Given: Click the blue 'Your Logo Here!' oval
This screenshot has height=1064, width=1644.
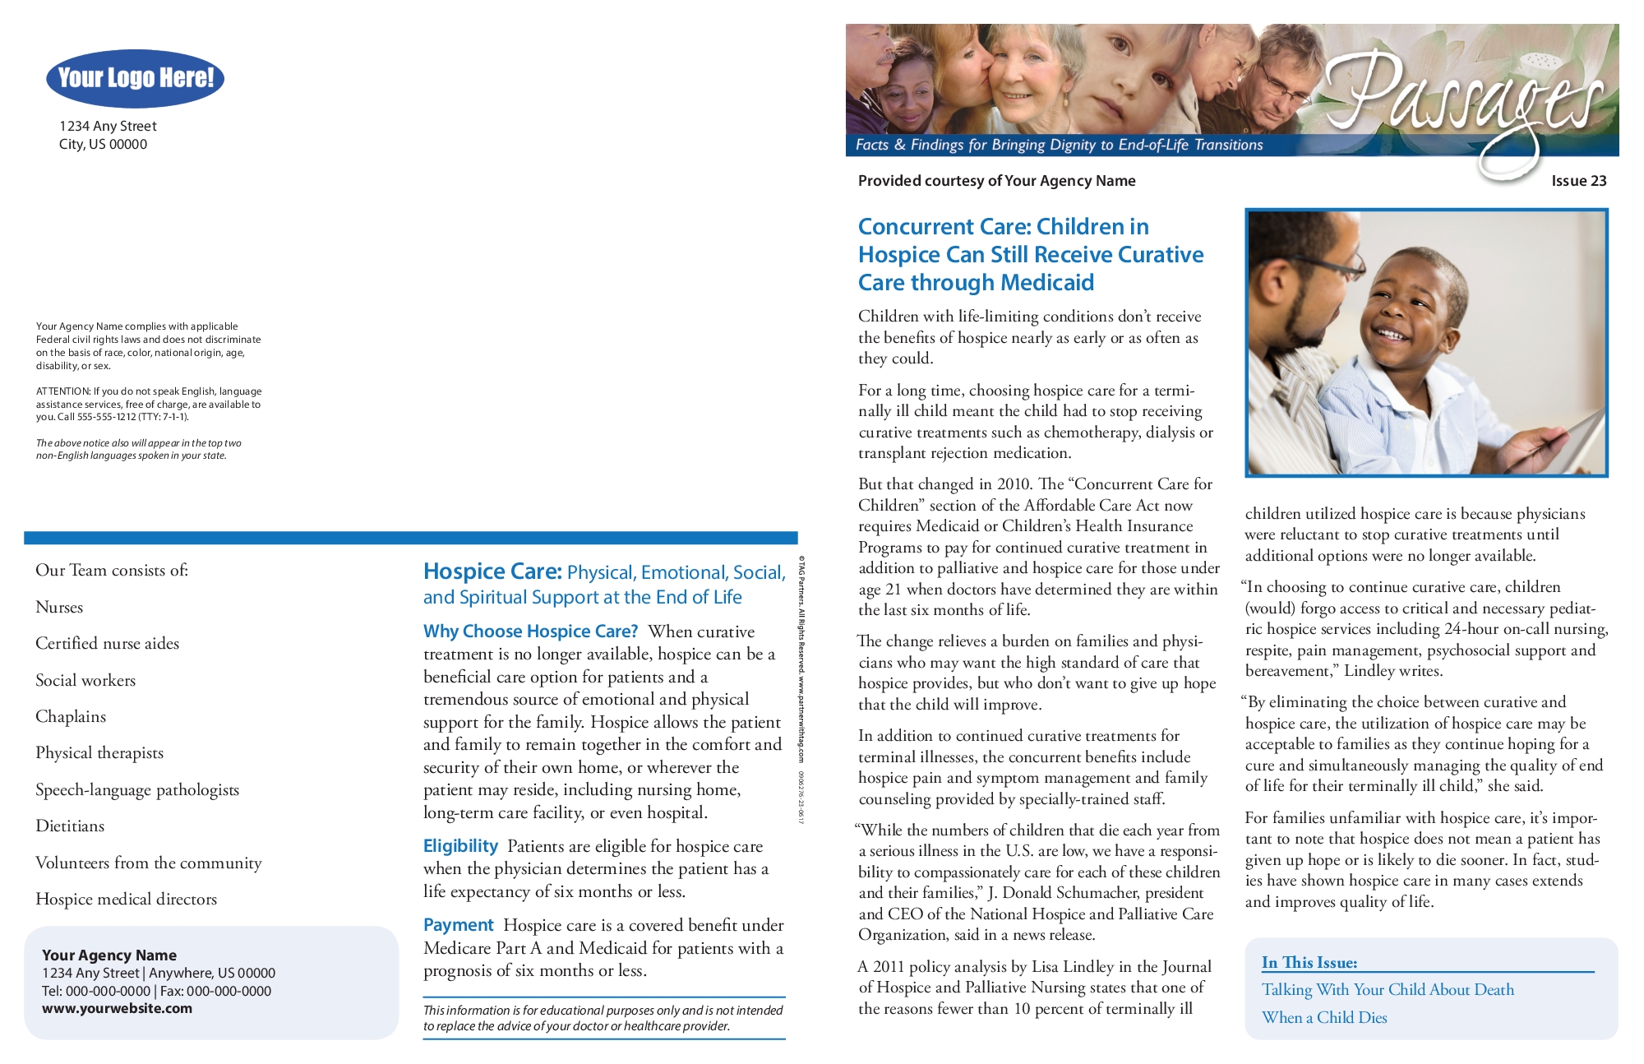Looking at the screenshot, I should (x=136, y=78).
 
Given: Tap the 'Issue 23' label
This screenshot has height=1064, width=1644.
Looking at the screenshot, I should (x=1578, y=181).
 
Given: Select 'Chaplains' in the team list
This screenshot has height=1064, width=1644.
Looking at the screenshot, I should (x=71, y=716).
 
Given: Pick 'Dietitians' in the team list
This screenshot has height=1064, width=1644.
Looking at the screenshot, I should (x=70, y=826).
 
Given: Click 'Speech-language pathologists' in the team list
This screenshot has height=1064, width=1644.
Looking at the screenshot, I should (x=137, y=789).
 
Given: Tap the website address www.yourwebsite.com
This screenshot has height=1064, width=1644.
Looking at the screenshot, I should (x=117, y=1008).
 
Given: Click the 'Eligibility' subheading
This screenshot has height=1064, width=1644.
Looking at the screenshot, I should (x=460, y=846).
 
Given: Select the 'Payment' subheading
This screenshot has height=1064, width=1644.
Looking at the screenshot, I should (x=458, y=925).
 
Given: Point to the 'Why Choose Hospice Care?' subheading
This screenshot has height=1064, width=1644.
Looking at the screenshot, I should (x=530, y=631).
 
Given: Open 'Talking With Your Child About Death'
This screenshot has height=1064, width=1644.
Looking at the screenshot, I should (x=1388, y=989).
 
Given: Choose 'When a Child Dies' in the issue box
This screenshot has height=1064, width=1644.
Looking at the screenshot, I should (x=1324, y=1017).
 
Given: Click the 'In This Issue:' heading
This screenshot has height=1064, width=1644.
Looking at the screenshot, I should (x=1309, y=962).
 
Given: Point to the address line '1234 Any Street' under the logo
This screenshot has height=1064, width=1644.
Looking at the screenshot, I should (x=108, y=126).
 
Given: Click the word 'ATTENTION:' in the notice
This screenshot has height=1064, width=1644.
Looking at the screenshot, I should (x=63, y=391).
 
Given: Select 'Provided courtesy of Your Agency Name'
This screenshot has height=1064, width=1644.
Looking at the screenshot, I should (x=996, y=181).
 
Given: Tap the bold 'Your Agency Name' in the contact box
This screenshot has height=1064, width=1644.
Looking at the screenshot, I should (x=109, y=955).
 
